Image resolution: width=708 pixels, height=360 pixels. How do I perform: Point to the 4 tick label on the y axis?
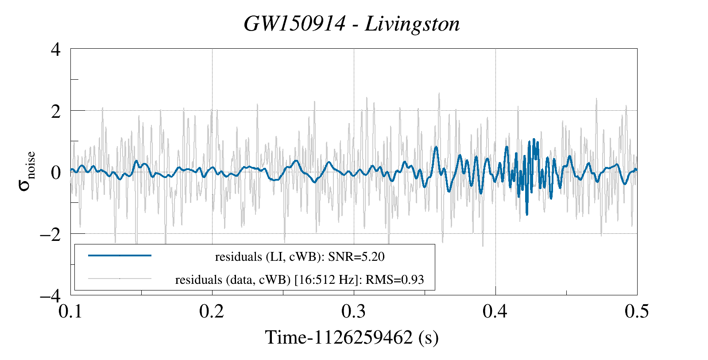[55, 49]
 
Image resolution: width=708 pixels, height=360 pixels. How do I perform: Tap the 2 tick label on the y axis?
[55, 111]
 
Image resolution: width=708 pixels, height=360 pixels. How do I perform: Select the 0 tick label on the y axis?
[55, 172]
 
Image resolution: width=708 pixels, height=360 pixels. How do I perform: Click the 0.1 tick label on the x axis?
[71, 312]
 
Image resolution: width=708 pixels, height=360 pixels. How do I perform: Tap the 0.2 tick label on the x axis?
[212, 312]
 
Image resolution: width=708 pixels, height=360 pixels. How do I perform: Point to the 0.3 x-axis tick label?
[354, 312]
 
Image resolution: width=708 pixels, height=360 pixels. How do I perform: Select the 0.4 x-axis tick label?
[495, 312]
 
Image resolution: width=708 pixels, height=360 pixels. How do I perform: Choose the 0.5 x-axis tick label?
[637, 312]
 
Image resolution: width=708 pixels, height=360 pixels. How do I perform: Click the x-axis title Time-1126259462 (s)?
[352, 337]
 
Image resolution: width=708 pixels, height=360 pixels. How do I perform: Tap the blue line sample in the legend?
[120, 255]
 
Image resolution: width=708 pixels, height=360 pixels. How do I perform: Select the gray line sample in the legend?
[120, 279]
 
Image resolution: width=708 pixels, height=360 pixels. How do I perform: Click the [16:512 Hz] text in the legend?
[325, 280]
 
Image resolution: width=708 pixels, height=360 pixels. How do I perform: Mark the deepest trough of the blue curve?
[527, 214]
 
